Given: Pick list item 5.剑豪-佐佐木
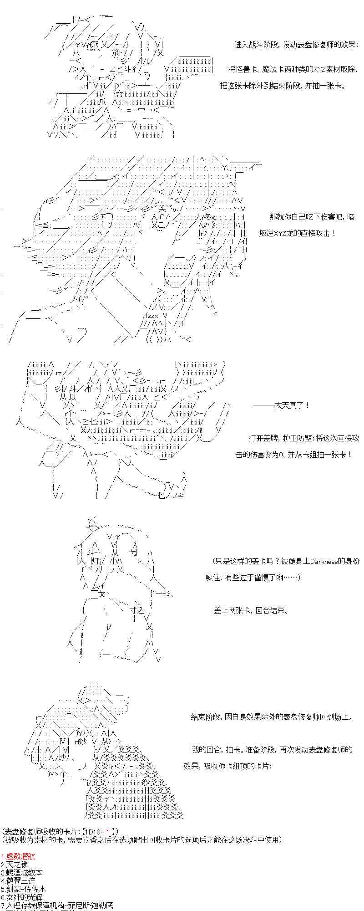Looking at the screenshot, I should [23, 889].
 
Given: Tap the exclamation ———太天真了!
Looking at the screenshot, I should [281, 405].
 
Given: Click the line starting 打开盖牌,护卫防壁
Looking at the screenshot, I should [303, 438].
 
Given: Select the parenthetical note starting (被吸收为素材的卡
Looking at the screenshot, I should [142, 839].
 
